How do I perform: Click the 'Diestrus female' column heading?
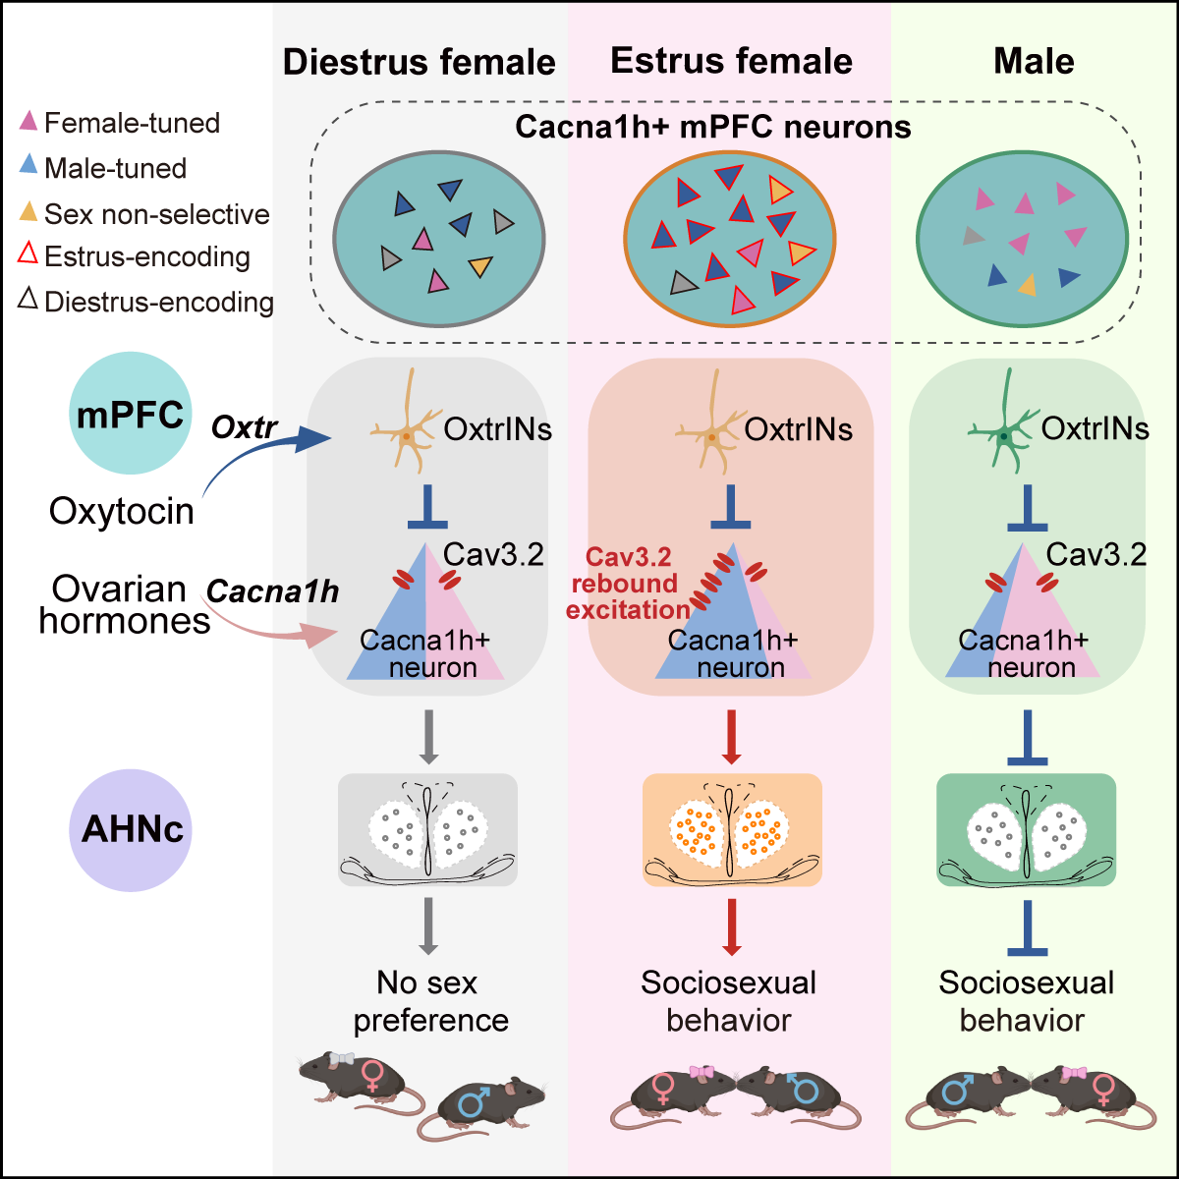click(x=420, y=62)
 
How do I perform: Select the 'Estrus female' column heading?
click(x=731, y=61)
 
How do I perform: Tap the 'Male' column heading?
click(x=1034, y=61)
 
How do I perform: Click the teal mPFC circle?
click(x=130, y=413)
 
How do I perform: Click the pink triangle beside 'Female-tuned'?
click(x=29, y=122)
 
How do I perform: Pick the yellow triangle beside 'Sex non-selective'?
click(x=29, y=211)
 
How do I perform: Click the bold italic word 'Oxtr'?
click(x=245, y=428)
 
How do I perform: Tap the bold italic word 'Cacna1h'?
click(x=272, y=591)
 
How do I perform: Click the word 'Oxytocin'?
click(x=122, y=511)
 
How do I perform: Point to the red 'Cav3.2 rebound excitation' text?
click(x=629, y=584)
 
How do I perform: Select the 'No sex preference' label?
click(x=429, y=1001)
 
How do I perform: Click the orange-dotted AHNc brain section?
click(x=732, y=830)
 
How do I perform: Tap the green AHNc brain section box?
click(x=1026, y=830)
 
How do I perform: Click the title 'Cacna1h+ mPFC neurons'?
click(x=713, y=127)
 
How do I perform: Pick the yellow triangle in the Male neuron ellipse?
click(x=1027, y=285)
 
